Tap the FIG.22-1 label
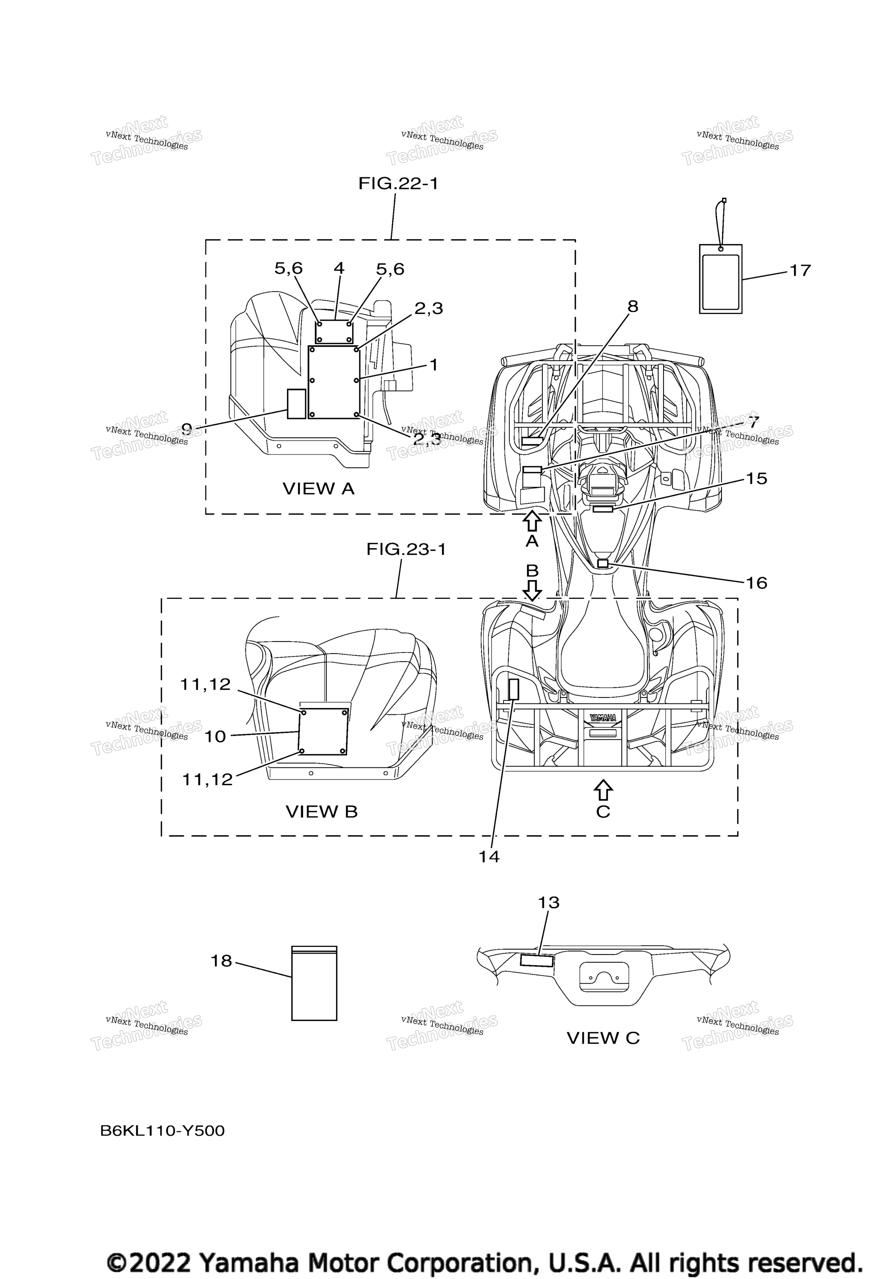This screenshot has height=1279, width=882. pyautogui.click(x=399, y=183)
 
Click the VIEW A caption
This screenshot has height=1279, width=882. pyautogui.click(x=318, y=489)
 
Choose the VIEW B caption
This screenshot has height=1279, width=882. pyautogui.click(x=322, y=812)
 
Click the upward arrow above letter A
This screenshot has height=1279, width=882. pyautogui.click(x=532, y=521)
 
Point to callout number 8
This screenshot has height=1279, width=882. pyautogui.click(x=633, y=306)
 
